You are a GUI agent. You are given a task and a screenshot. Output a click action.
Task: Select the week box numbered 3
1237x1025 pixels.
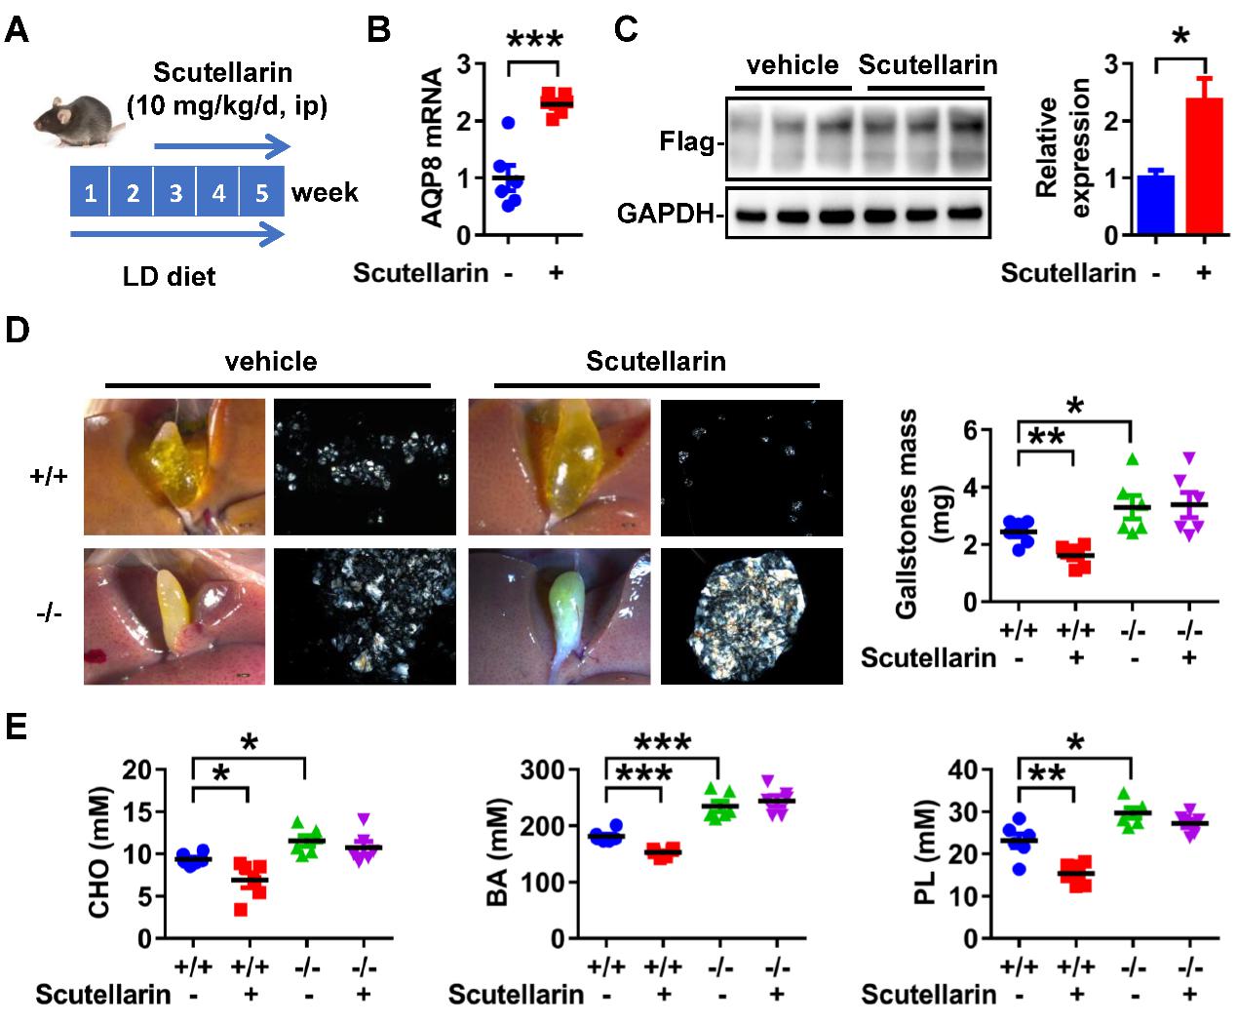(175, 192)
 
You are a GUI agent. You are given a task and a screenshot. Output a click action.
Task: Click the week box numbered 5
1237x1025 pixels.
(261, 192)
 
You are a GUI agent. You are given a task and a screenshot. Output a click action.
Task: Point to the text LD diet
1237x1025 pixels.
(170, 276)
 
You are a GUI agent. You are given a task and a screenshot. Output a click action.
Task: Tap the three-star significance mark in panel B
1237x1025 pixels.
(533, 40)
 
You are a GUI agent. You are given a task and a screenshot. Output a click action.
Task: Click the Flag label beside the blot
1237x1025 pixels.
(688, 143)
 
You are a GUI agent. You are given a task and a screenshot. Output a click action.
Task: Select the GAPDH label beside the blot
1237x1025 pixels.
(669, 214)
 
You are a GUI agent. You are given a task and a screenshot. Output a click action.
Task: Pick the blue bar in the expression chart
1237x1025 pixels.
(1155, 205)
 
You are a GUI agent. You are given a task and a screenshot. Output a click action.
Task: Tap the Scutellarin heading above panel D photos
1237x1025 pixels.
(655, 362)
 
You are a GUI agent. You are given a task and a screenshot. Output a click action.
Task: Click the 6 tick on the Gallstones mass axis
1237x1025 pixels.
(970, 430)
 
